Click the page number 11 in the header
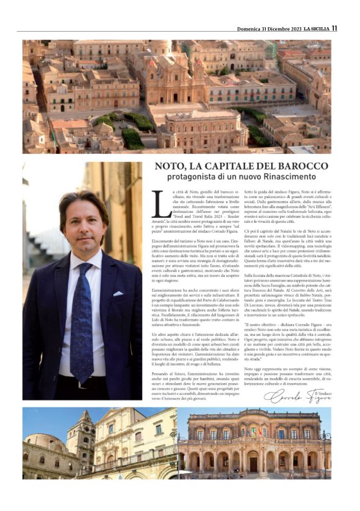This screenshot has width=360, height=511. click(334, 28)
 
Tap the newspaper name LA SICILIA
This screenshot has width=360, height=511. click(311, 28)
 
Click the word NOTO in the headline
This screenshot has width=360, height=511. click(171, 167)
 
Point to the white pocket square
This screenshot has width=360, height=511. click(117, 294)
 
